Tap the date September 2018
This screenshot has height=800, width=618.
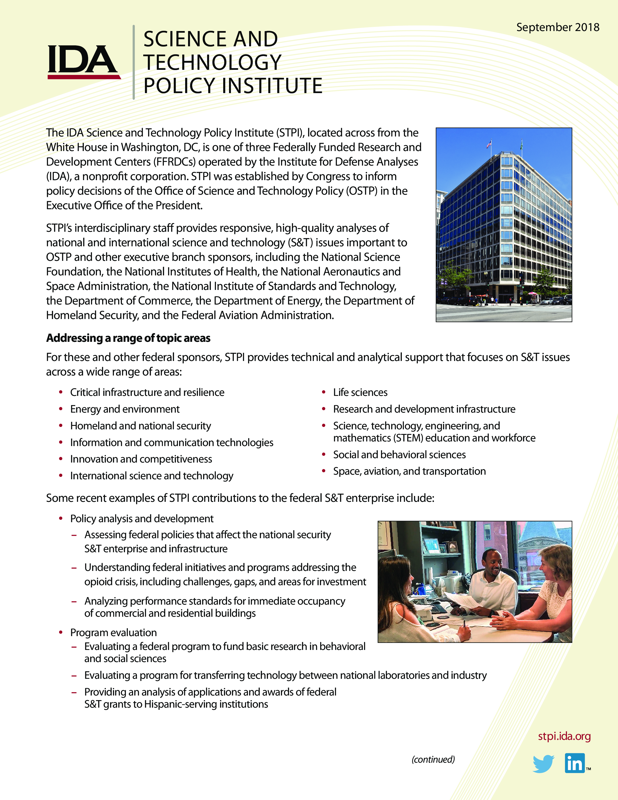[x=558, y=27]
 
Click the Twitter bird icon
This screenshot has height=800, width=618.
[x=543, y=763]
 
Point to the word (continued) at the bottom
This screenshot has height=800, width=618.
[x=433, y=759]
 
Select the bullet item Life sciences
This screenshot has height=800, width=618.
[x=360, y=392]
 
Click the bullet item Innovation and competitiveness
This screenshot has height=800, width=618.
[x=141, y=459]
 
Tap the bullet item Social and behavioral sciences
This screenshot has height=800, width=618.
[x=399, y=455]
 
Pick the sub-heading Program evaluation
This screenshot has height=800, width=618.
[x=113, y=632]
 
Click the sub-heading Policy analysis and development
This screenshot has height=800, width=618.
[x=142, y=519]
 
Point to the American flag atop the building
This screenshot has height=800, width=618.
[x=489, y=144]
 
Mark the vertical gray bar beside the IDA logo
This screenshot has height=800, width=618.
[x=134, y=62]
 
